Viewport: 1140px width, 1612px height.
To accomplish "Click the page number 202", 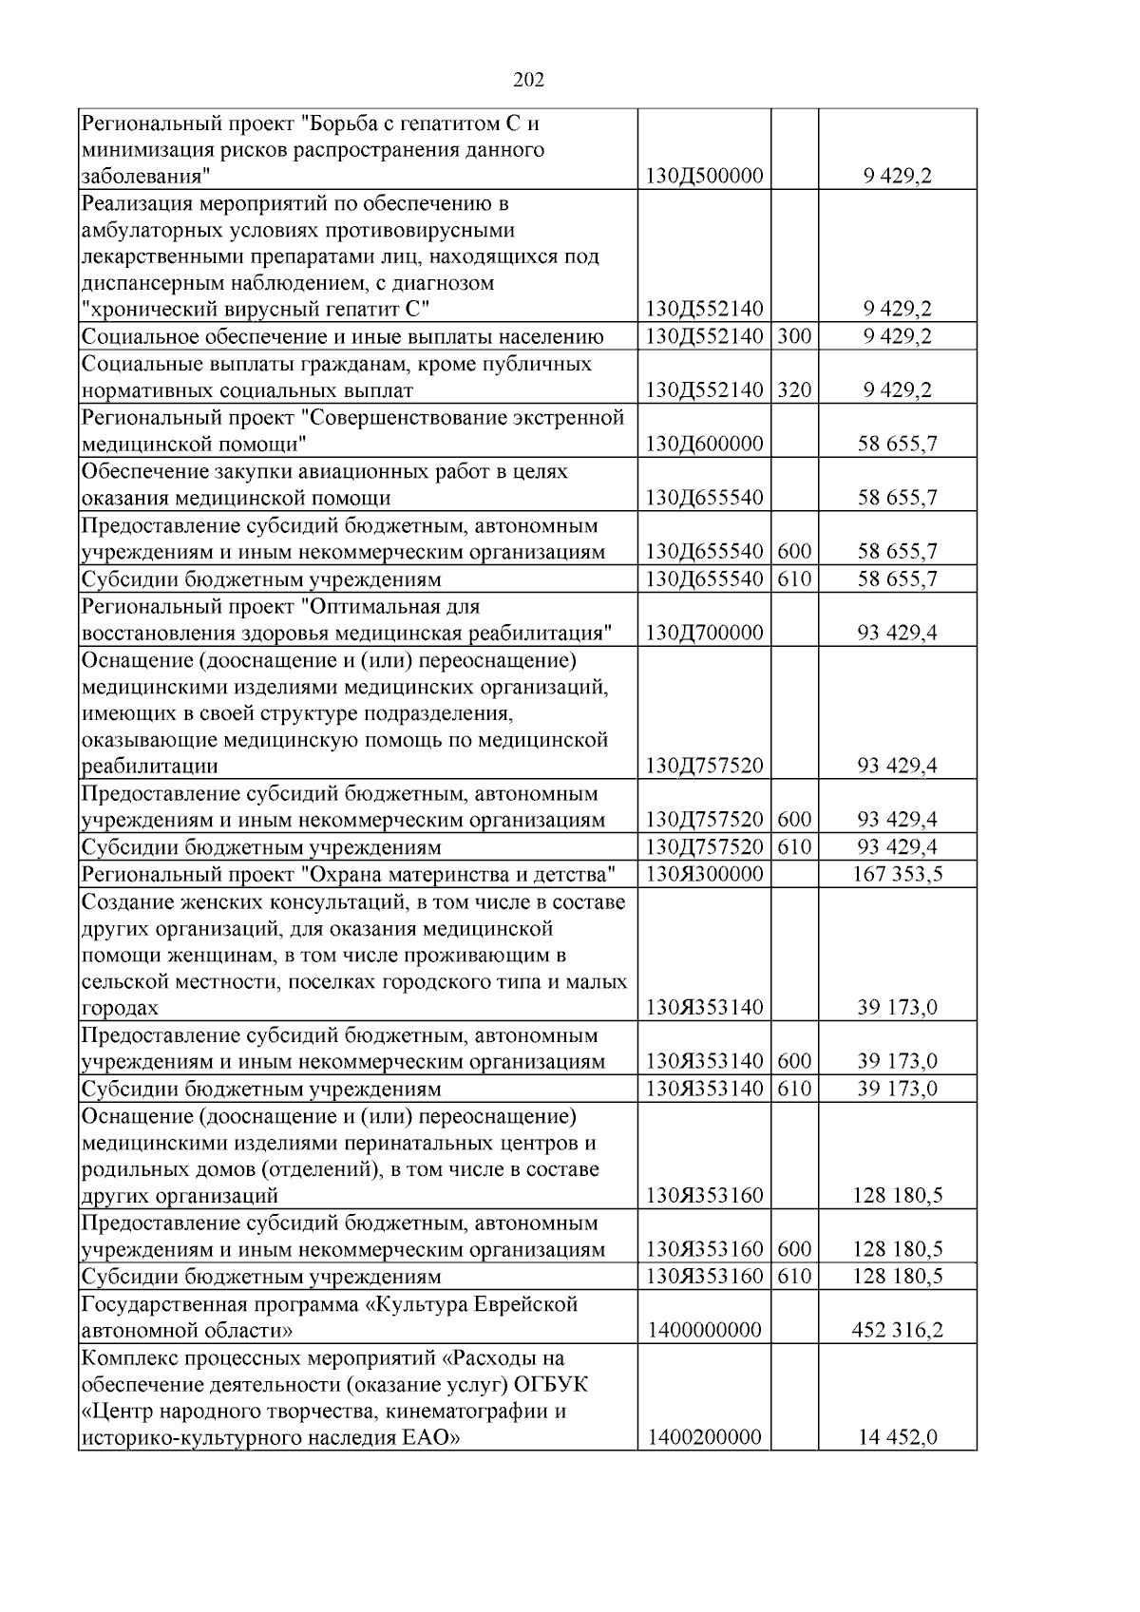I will (528, 81).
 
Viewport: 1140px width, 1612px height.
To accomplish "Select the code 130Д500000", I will (704, 177).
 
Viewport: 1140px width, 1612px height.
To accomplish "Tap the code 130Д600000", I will (704, 445).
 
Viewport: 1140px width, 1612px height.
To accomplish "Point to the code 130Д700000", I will (704, 633).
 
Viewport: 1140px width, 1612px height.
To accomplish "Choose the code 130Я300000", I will (704, 874).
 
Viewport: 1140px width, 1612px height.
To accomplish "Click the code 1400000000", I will (704, 1330).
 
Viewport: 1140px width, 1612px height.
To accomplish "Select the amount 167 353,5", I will (898, 874).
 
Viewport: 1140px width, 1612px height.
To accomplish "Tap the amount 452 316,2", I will (898, 1330).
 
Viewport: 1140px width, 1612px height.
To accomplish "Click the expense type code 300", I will (794, 336).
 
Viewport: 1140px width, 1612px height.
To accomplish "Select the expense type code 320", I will (794, 390).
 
